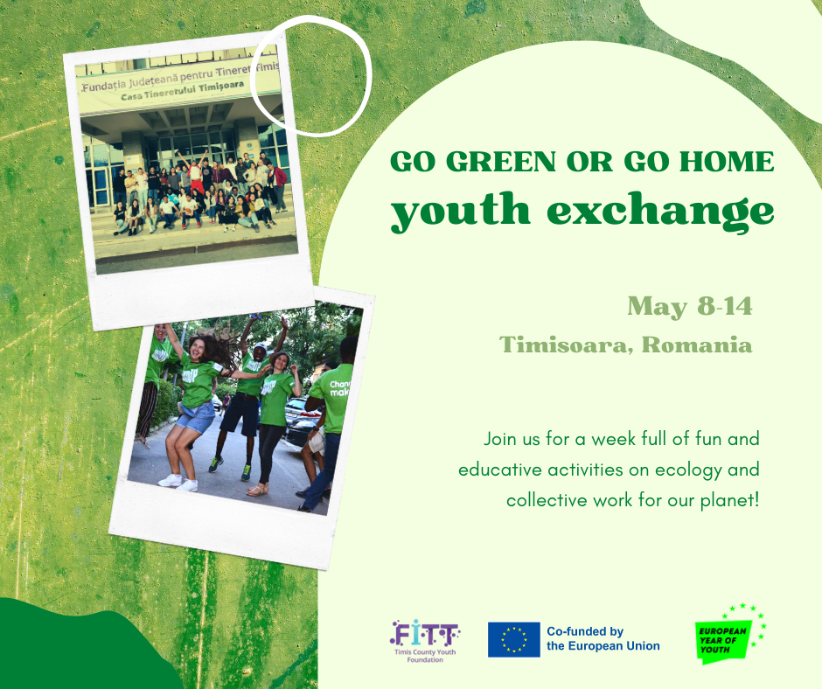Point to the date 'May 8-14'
[x=689, y=307]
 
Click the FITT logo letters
[x=425, y=632]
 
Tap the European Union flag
[x=513, y=639]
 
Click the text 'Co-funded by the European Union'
[x=603, y=639]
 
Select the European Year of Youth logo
[x=727, y=633]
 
